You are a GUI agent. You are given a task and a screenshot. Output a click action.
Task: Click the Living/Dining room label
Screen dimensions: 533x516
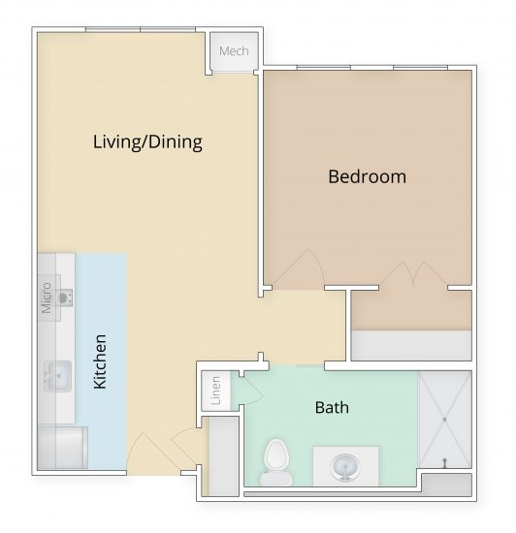tap(147, 142)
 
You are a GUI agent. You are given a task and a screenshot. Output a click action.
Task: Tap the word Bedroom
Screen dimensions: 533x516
tap(367, 177)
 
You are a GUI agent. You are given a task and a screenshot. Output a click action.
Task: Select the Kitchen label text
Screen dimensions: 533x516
tap(100, 362)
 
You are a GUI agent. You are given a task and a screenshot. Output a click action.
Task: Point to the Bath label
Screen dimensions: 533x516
tap(332, 407)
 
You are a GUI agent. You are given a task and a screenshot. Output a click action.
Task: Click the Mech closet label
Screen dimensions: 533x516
tap(234, 51)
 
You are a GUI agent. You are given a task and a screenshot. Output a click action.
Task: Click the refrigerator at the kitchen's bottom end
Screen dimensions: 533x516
tap(60, 449)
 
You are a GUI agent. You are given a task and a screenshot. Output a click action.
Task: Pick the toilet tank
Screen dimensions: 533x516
tap(277, 478)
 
